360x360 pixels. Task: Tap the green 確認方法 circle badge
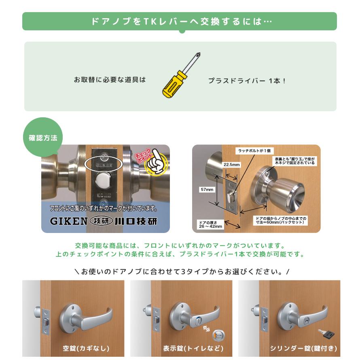(x=43, y=138)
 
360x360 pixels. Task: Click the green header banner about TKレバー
(x=180, y=21)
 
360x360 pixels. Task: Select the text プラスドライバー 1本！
(x=247, y=80)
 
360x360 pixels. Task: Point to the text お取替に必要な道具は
(x=110, y=80)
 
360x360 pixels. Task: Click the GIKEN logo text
(x=68, y=221)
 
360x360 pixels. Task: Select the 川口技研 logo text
(x=136, y=221)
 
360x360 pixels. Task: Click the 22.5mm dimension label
(x=232, y=165)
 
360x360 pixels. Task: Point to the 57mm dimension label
(x=207, y=189)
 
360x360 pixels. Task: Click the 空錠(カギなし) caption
(x=86, y=348)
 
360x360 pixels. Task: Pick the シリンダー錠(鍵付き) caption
(x=303, y=348)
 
